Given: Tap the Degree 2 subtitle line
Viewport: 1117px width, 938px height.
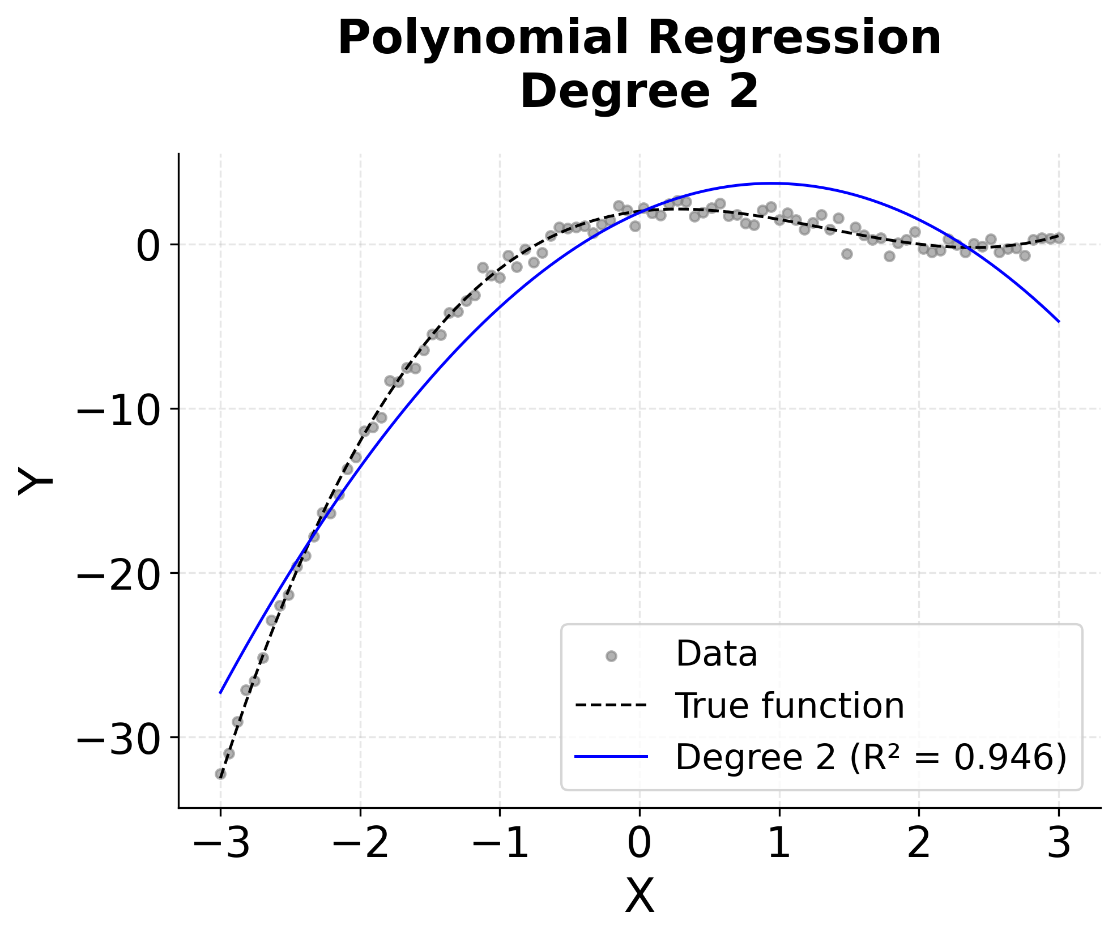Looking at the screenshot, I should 639,92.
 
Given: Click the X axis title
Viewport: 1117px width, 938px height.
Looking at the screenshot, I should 639,897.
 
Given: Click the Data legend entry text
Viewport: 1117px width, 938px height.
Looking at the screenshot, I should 716,655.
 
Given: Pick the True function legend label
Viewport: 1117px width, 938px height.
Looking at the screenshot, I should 790,706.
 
